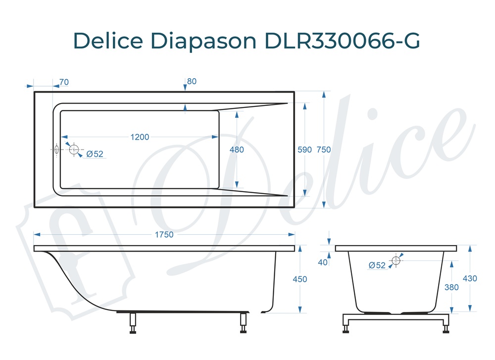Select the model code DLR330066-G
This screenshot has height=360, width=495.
click(342, 41)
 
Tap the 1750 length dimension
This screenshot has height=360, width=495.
click(164, 235)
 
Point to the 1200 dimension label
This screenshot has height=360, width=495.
click(140, 137)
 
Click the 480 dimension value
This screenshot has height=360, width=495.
click(237, 150)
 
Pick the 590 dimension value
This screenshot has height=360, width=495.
click(304, 150)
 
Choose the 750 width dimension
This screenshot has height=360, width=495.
click(324, 150)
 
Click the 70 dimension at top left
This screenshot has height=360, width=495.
click(64, 82)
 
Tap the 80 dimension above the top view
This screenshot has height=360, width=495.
click(192, 82)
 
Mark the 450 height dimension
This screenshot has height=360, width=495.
click(300, 279)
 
